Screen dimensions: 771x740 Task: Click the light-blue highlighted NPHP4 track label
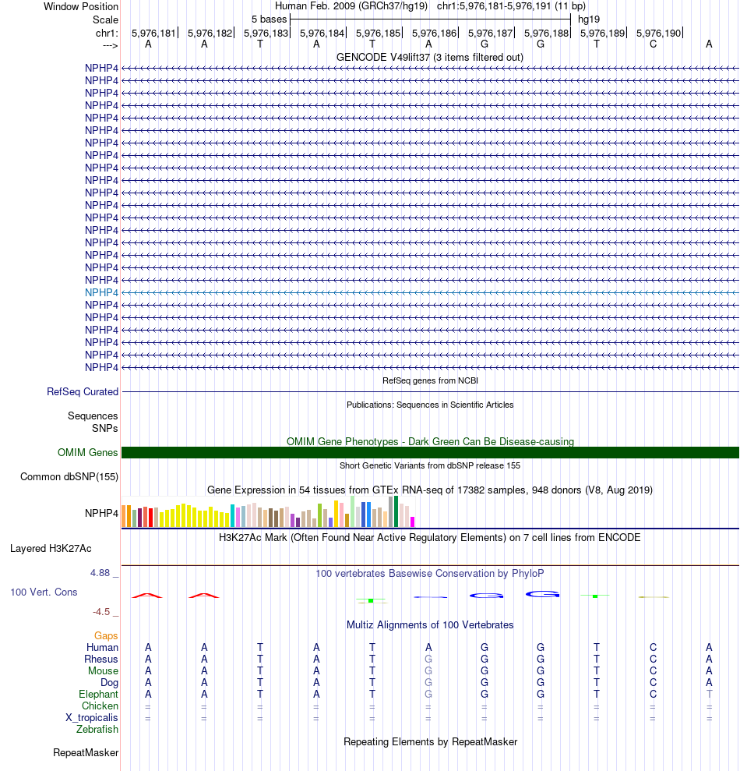click(101, 292)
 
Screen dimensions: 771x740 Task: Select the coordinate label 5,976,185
click(379, 33)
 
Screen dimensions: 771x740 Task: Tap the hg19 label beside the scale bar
click(589, 19)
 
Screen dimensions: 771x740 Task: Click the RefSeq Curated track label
click(83, 391)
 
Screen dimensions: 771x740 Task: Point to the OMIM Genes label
click(88, 452)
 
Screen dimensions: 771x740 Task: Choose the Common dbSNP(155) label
click(69, 477)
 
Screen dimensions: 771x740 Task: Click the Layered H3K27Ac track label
click(64, 548)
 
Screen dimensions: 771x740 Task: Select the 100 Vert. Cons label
click(44, 592)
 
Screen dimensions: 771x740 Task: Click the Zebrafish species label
click(97, 729)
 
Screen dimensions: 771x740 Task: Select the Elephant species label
click(98, 694)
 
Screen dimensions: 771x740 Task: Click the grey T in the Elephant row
click(709, 694)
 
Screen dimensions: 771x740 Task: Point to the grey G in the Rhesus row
click(428, 659)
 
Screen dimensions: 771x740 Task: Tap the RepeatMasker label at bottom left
click(86, 752)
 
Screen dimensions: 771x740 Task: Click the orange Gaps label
click(106, 635)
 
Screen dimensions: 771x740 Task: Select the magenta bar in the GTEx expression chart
click(412, 521)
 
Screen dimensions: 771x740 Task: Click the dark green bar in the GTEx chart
click(396, 511)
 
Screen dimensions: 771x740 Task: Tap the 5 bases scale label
click(269, 19)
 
